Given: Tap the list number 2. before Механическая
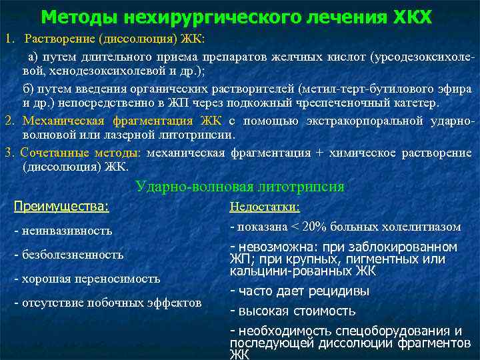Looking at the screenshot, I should point(9,121).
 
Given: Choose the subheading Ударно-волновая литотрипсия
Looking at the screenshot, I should point(240,187).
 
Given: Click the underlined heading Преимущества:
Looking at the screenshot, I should point(62,206).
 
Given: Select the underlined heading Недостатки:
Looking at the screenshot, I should point(265,207).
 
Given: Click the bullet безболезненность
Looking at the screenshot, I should point(69,255).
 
